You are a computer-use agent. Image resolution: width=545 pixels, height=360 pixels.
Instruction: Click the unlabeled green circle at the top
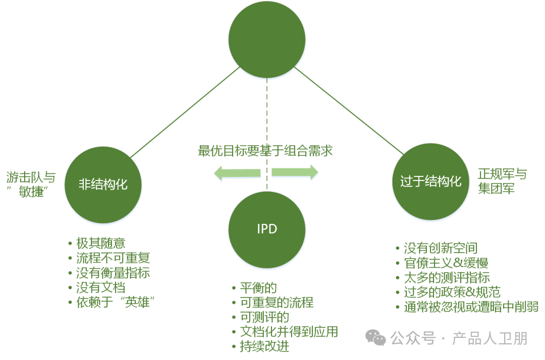tap(266, 40)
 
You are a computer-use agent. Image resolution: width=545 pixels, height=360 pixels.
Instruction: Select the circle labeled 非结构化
tap(103, 185)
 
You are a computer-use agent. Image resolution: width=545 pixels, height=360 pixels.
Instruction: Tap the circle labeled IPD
tap(266, 229)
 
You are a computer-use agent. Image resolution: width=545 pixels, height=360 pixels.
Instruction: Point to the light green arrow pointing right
tap(295, 172)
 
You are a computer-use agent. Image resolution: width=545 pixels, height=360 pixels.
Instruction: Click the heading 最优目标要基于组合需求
tap(265, 151)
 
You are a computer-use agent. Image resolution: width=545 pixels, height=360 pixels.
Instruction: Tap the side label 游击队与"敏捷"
tap(31, 184)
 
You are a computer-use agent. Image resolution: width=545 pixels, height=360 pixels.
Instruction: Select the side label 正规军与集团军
tap(502, 182)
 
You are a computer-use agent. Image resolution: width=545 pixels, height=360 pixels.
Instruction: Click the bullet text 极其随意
tap(100, 243)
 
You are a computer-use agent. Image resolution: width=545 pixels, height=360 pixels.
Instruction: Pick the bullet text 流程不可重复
tap(113, 258)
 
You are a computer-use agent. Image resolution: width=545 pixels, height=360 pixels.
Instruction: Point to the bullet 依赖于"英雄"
tap(115, 302)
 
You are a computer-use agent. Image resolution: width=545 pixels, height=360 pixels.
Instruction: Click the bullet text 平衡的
tap(258, 288)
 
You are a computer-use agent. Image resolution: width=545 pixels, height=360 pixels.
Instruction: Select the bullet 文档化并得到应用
tap(289, 331)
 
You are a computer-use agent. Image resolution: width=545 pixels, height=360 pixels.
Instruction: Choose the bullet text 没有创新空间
tap(440, 248)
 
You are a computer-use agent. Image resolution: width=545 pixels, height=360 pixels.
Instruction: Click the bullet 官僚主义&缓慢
tap(446, 263)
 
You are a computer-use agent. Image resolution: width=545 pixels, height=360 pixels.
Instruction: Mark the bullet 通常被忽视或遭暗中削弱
tap(471, 307)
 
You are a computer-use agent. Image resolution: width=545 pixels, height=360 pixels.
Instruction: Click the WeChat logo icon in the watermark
tap(375, 337)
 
